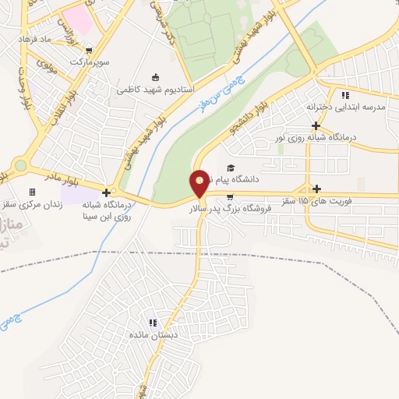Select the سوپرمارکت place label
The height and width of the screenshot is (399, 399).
(90, 60)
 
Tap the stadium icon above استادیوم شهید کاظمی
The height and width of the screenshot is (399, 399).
(155, 77)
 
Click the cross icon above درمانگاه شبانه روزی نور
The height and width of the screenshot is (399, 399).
(316, 125)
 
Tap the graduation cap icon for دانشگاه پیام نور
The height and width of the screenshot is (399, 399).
(230, 168)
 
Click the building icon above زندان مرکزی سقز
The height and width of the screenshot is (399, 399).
(32, 192)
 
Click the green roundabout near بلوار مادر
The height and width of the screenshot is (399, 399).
(19, 164)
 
